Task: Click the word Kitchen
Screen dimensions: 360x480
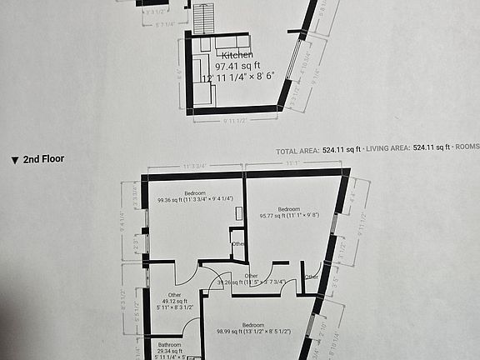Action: click(237, 55)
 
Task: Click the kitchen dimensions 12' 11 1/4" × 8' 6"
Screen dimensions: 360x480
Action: click(243, 77)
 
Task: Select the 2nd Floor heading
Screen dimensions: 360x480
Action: click(44, 158)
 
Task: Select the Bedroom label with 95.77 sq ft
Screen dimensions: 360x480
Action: click(289, 208)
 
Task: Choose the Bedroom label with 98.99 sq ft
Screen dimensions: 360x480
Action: click(252, 324)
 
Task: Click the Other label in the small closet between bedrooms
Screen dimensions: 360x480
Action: click(238, 243)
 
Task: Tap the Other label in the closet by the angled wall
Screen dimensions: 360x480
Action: click(311, 277)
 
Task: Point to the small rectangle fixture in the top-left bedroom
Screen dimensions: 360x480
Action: click(239, 212)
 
